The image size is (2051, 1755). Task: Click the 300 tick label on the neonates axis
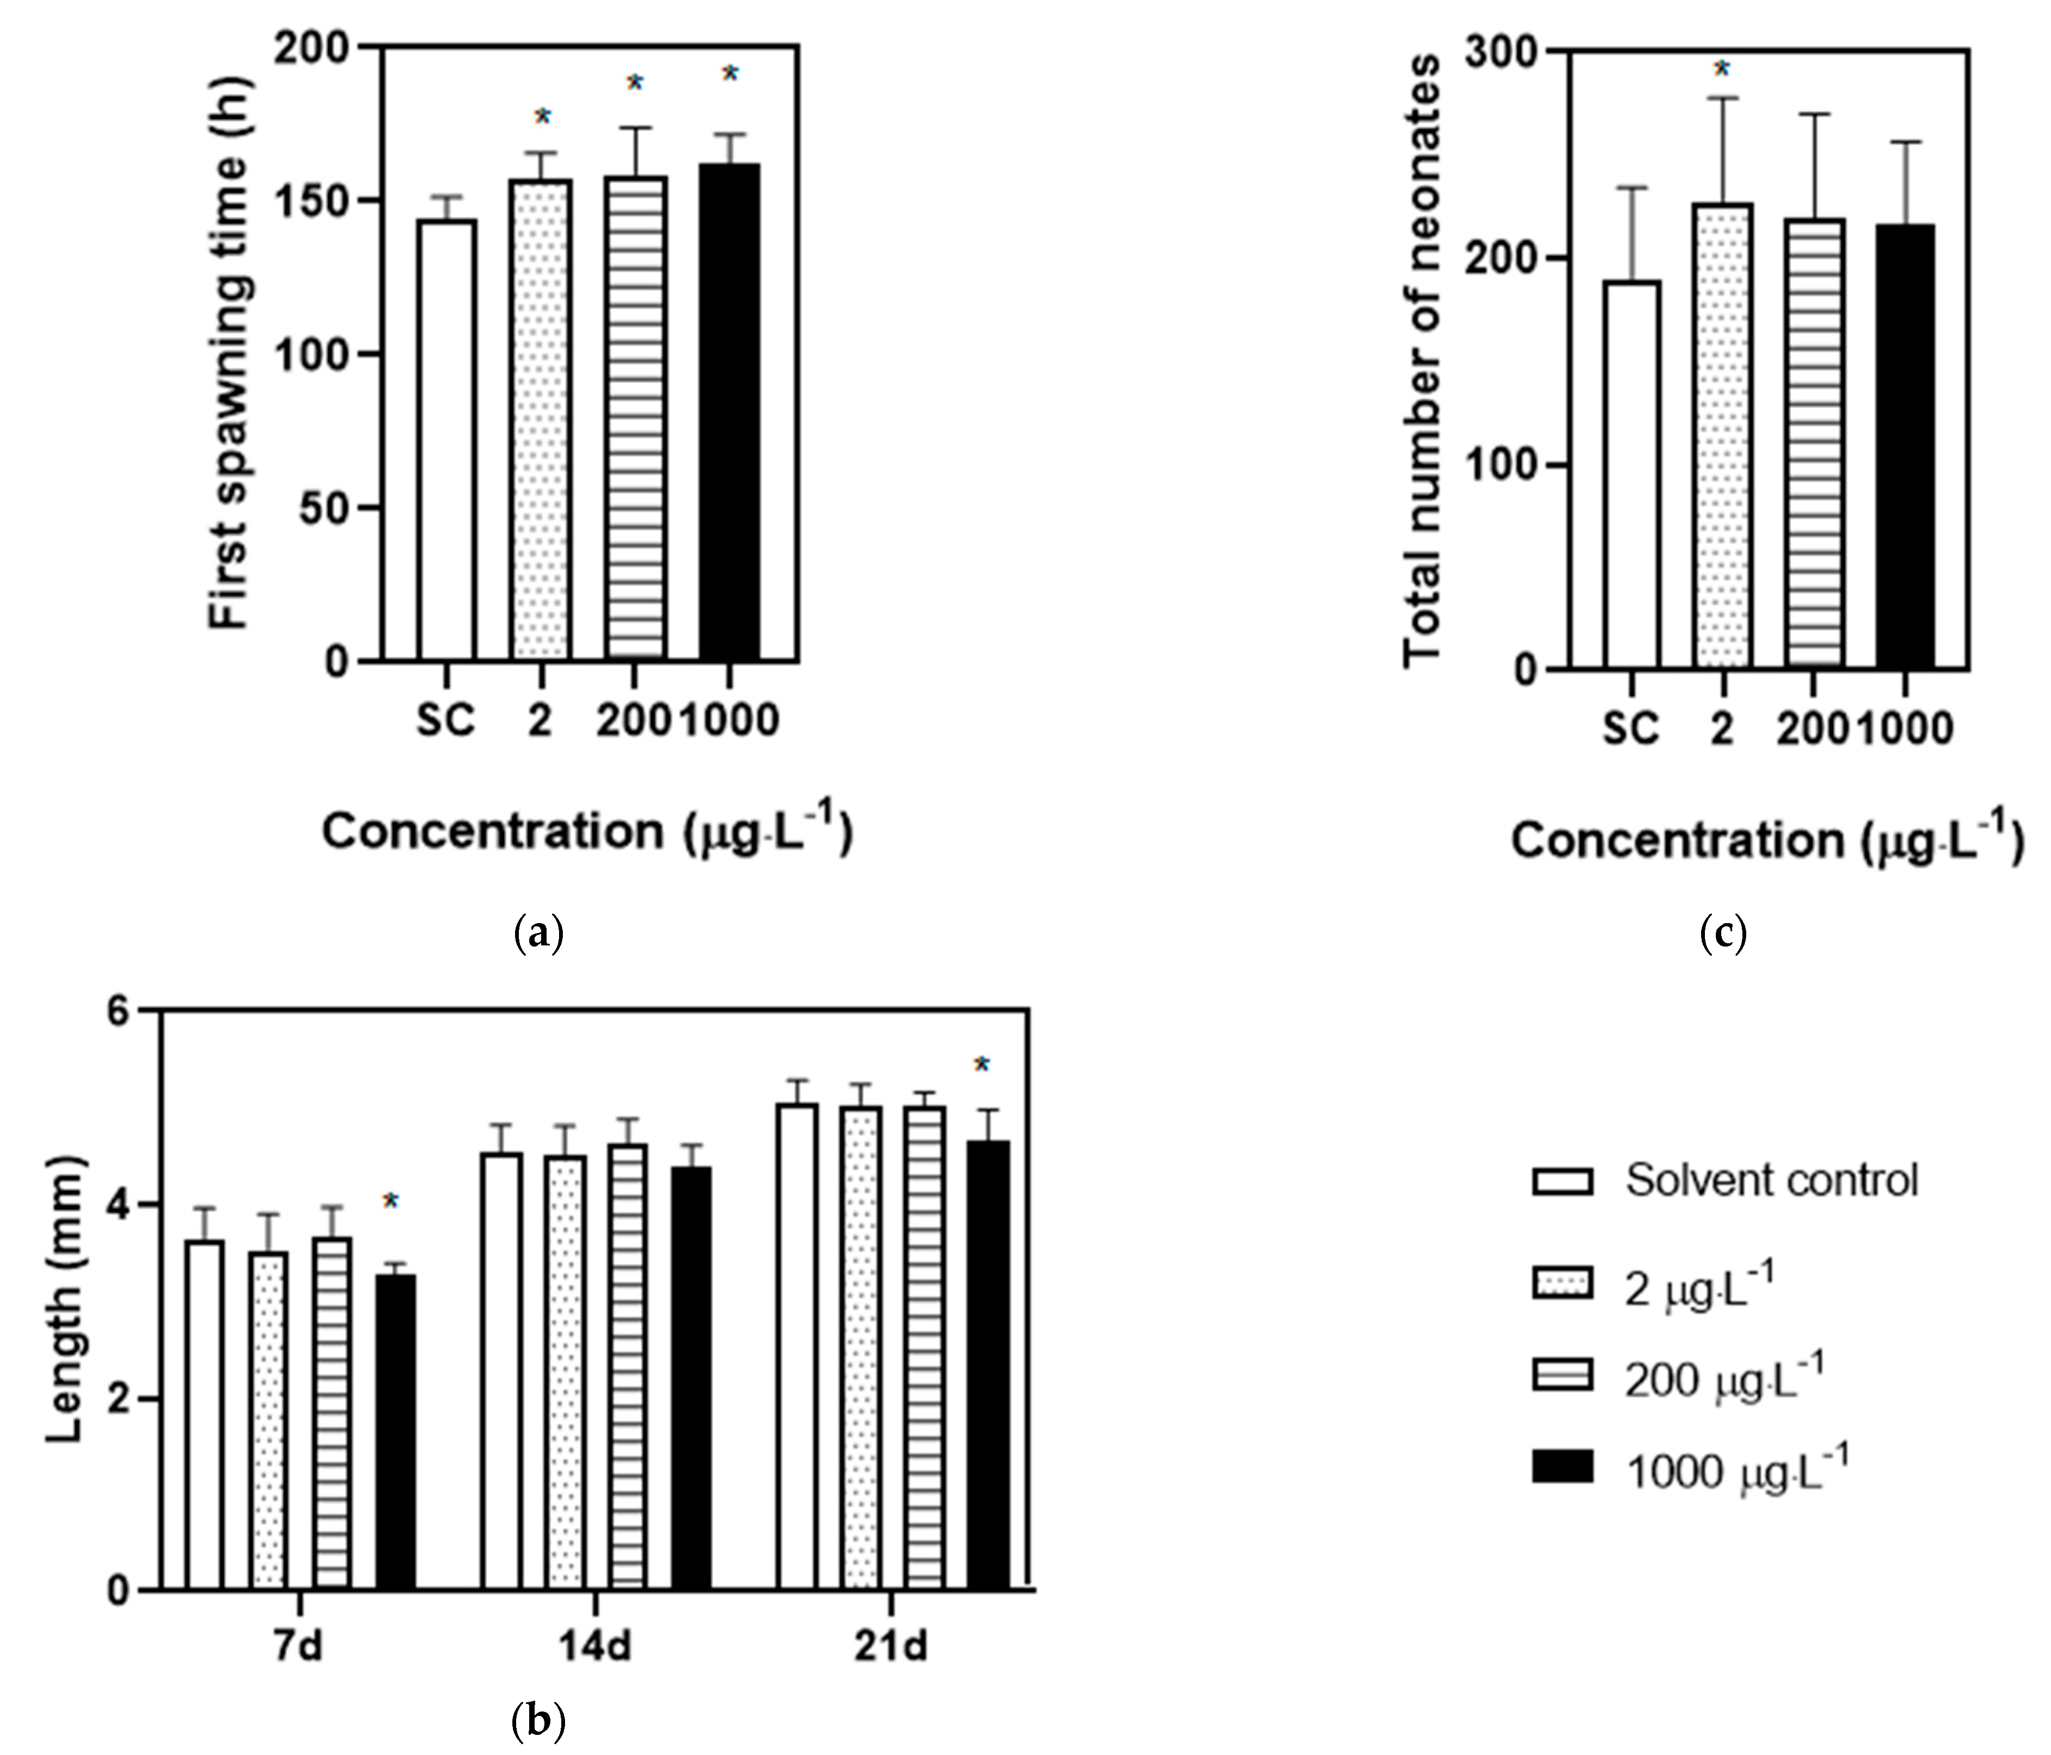(x=1495, y=52)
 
